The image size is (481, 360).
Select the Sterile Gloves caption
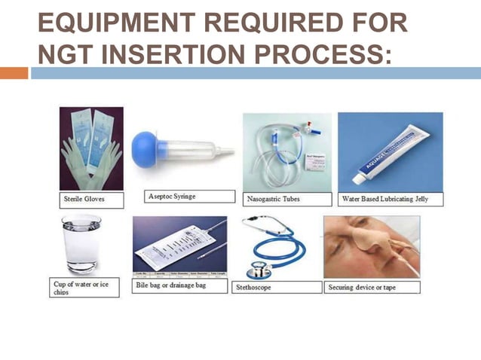[x=84, y=200]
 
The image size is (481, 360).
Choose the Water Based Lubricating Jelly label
[x=390, y=200]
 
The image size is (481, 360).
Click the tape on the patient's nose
[x=366, y=239]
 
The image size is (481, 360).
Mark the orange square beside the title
[x=14, y=73]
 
